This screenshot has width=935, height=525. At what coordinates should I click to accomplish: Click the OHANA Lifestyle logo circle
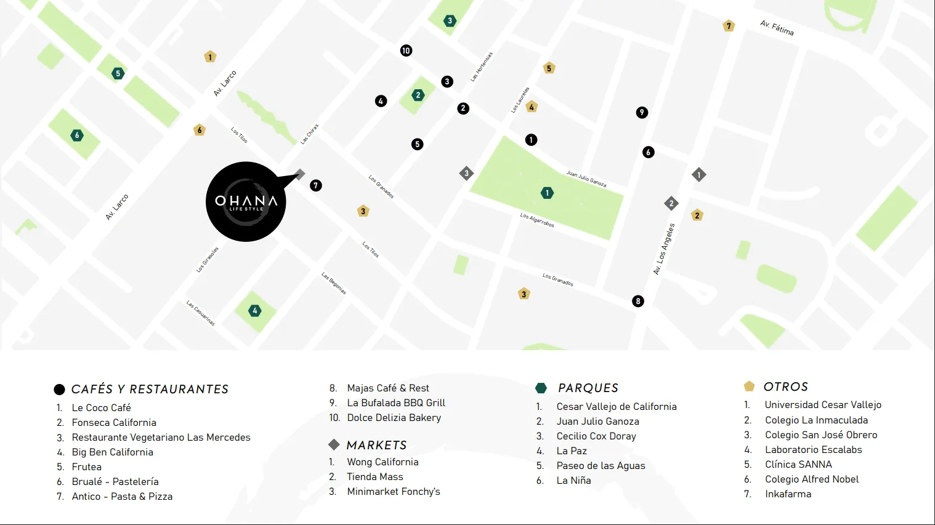coord(246,202)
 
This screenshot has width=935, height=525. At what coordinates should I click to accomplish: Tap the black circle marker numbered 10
coord(406,50)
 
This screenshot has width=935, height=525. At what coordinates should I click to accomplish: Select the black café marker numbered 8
coord(638,301)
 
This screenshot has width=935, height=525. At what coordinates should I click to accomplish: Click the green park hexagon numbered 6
coord(77,135)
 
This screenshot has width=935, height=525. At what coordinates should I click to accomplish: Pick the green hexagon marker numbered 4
coord(255,311)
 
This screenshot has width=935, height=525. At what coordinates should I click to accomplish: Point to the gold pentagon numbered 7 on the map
coord(729,26)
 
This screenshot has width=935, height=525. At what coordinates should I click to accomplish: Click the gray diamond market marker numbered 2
coord(671,203)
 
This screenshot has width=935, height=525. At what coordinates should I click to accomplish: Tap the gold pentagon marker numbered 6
coord(199,130)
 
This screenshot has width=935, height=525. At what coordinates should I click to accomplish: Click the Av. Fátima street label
coord(777,28)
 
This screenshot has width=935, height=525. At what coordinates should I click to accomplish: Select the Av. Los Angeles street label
coord(664,249)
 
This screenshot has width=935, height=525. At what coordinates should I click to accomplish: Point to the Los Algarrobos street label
coord(537,220)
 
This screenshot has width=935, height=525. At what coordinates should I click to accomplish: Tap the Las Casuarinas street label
coord(201,313)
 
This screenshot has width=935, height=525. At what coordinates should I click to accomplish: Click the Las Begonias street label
coord(334,283)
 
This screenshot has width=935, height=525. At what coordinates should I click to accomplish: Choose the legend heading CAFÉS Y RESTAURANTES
coord(150,389)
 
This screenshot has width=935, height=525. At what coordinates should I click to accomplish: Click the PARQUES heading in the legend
coord(588,388)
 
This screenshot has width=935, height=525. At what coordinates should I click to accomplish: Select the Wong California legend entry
coord(382,462)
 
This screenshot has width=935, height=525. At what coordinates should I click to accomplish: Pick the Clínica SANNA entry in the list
coord(798,464)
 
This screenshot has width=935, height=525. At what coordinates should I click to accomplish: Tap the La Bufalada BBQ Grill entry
coord(396,403)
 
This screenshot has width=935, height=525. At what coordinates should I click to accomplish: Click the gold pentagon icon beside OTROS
coord(749,387)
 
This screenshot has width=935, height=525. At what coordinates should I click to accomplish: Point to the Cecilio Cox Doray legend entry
coord(596,436)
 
